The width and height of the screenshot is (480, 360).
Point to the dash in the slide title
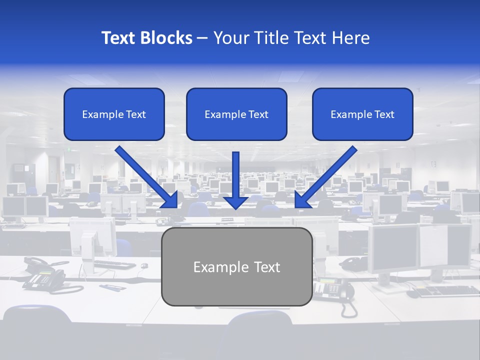pyautogui.click(x=202, y=38)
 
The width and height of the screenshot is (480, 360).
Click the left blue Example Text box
pyautogui.click(x=114, y=114)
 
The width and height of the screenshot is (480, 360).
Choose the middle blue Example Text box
pyautogui.click(x=236, y=114)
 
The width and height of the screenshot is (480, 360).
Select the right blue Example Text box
pyautogui.click(x=362, y=114)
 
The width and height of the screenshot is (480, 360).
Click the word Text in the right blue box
pyautogui.click(x=384, y=114)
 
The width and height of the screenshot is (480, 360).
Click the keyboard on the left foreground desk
pyautogui.click(x=114, y=263)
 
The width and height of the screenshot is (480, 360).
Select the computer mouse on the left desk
pyautogui.click(x=144, y=265)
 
